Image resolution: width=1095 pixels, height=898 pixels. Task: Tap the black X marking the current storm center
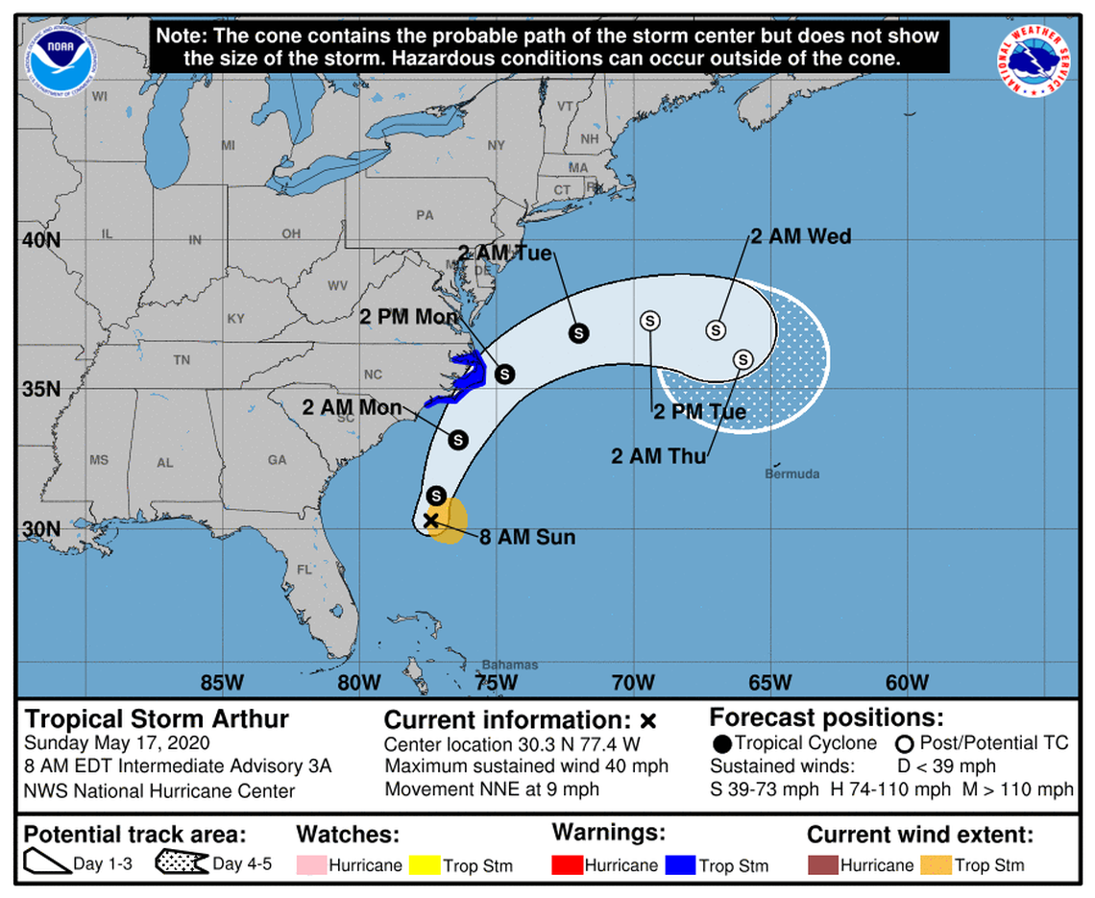click(x=430, y=520)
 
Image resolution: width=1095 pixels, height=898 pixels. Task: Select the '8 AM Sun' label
click(x=527, y=537)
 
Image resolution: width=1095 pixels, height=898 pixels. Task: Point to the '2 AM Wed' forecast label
click(x=800, y=236)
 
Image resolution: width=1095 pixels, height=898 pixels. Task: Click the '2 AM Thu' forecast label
click(x=659, y=456)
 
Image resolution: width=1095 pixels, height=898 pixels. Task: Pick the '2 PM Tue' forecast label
click(x=699, y=413)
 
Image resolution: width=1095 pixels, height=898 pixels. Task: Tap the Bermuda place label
click(x=792, y=473)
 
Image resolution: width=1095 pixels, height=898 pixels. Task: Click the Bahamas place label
click(x=510, y=665)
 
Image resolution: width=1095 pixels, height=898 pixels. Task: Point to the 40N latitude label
click(x=41, y=239)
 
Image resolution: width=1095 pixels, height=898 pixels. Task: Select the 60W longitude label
click(x=907, y=684)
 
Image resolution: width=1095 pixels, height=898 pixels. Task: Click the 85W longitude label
click(x=222, y=684)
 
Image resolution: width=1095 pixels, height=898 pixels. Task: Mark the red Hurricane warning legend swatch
click(x=566, y=865)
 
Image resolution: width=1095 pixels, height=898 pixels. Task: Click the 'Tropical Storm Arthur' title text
click(x=157, y=719)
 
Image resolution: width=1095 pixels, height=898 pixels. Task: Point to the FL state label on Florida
click(x=304, y=570)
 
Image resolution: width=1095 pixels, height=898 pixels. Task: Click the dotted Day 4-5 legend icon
click(x=182, y=863)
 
